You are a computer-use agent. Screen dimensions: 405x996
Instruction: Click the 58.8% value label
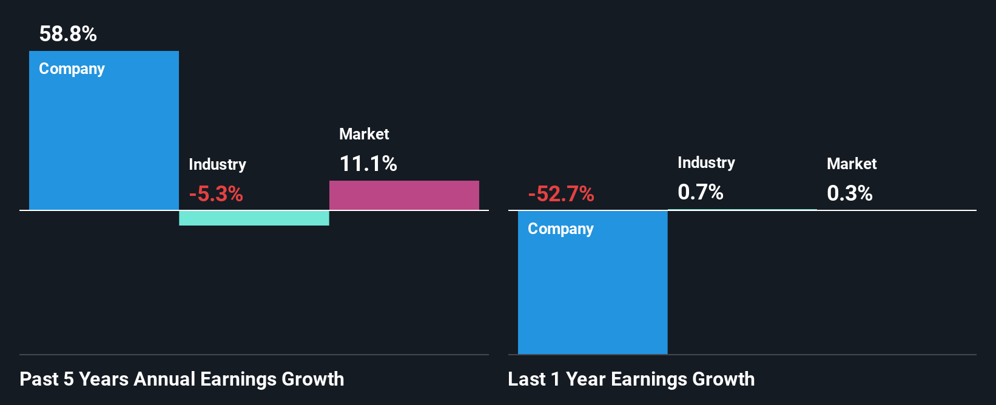[x=68, y=34]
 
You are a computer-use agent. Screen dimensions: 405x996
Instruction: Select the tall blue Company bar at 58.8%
[x=104, y=139]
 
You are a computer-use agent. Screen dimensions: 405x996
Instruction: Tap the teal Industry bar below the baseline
[x=254, y=218]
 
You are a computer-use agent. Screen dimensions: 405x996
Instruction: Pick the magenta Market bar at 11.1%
[x=404, y=195]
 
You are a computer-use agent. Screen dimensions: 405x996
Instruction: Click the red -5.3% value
[x=216, y=194]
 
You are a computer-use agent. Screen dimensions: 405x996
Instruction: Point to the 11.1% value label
[x=368, y=164]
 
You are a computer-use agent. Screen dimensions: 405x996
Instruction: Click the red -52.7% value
[x=561, y=194]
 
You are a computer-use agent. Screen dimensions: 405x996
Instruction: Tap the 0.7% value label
[x=701, y=192]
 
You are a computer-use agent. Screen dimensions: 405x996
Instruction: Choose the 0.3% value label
[x=850, y=193]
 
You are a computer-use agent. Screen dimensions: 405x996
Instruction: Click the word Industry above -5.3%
[x=217, y=164]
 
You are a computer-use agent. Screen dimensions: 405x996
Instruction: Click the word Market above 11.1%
[x=364, y=134]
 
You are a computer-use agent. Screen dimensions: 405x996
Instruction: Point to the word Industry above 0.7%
[x=706, y=162]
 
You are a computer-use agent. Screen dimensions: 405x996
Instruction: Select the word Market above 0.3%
[x=852, y=164]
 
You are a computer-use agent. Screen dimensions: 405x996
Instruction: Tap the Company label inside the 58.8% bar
[x=72, y=69]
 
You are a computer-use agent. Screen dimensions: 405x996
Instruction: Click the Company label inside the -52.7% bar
[x=560, y=229]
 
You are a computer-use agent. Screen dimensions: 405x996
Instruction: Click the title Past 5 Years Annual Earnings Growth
[x=182, y=379]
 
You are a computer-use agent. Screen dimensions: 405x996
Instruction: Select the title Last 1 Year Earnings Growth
[x=631, y=379]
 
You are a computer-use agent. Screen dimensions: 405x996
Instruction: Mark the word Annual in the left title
[x=164, y=379]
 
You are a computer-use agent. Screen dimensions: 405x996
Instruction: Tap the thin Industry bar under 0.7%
[x=742, y=210]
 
